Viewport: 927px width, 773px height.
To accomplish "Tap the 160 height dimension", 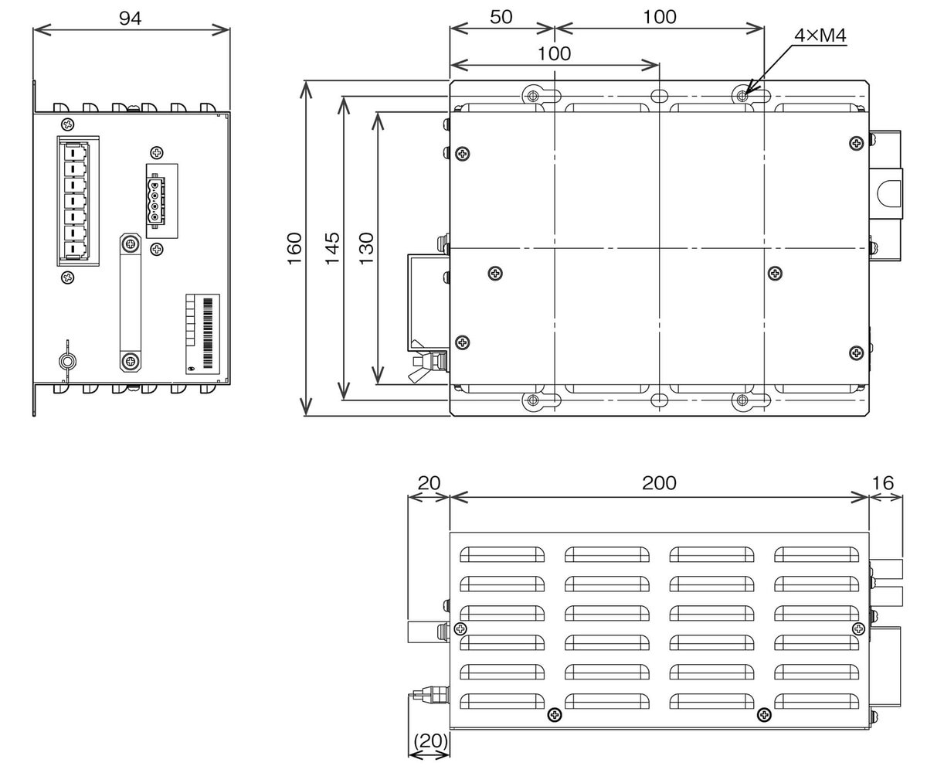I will (x=295, y=249).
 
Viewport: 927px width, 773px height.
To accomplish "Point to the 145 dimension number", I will (x=332, y=249).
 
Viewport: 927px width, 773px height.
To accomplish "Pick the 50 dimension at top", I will (x=501, y=17).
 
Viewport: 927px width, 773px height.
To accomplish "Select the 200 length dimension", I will (x=659, y=483).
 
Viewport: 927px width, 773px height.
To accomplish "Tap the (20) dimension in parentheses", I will (x=430, y=741).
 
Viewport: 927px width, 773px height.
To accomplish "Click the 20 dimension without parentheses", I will (x=428, y=483).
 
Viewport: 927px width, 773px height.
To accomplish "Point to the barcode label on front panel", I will (x=203, y=330).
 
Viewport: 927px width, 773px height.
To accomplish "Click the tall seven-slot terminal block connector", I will (x=76, y=200).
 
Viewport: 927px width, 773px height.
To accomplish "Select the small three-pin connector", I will (x=158, y=200).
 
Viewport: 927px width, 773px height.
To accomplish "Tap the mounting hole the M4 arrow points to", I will (x=742, y=95).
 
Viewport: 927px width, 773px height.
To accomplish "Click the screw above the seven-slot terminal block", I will (x=68, y=124).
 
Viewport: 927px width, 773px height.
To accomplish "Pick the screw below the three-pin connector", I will (x=157, y=249).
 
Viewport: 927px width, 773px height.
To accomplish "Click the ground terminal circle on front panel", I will (x=67, y=361).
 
